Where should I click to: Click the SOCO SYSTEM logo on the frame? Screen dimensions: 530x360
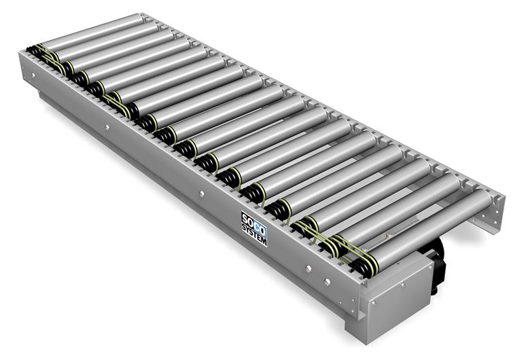click(254, 228)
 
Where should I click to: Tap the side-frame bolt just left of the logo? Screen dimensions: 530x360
click(202, 194)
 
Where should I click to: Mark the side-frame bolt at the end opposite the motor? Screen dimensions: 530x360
click(33, 75)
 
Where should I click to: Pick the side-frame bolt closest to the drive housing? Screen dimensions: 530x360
click(327, 282)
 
